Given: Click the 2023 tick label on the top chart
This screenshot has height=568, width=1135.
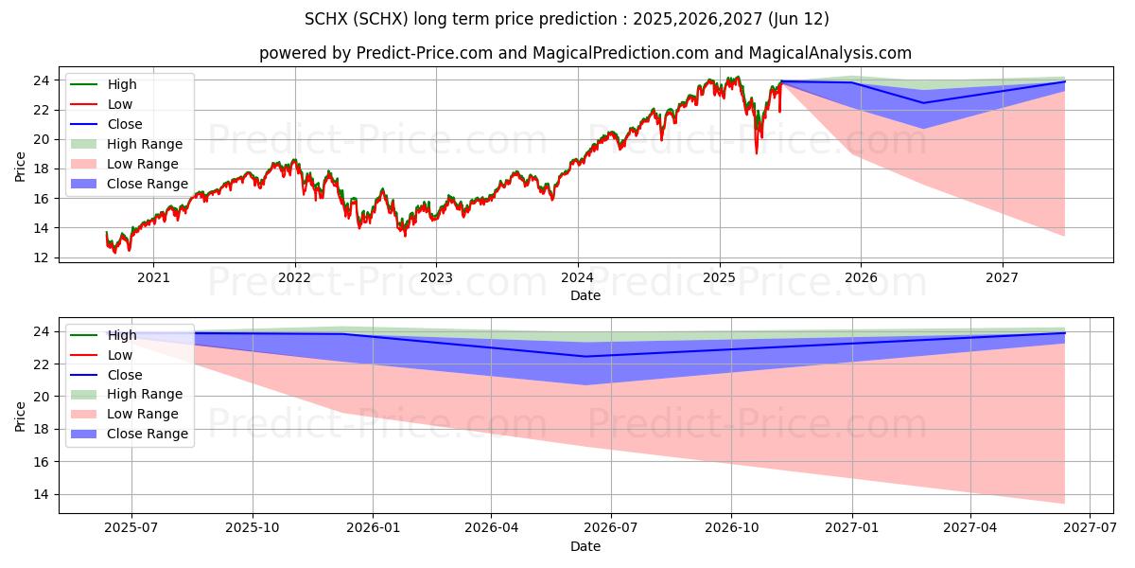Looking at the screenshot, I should click(436, 277).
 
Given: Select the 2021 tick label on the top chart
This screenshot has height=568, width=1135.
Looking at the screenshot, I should click(153, 277).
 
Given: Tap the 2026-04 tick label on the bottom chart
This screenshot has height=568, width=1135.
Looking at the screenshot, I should click(491, 528).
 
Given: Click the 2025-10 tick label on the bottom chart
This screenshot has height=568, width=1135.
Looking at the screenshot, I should click(253, 528).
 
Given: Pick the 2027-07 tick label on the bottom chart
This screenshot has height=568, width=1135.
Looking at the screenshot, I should click(1090, 528).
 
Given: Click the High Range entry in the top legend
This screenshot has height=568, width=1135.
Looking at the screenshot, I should click(145, 144).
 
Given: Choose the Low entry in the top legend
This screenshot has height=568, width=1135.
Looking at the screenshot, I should click(120, 104).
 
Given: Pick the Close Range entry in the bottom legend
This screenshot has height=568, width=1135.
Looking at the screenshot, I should click(148, 434).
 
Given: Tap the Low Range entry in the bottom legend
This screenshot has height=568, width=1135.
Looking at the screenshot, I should click(143, 414).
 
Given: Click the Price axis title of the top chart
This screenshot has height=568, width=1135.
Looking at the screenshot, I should click(21, 166).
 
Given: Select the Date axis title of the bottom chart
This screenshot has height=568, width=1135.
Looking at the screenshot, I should click(585, 546).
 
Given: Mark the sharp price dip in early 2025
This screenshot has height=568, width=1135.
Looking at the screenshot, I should click(756, 151).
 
